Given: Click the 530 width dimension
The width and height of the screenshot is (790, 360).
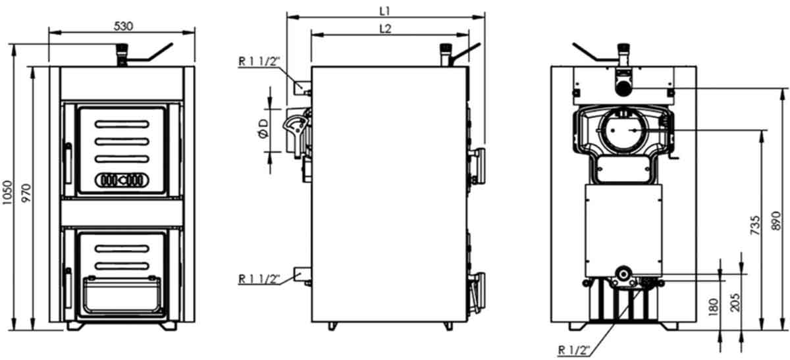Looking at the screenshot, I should point(124,26).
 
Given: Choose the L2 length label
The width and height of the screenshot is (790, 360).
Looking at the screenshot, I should point(386,29).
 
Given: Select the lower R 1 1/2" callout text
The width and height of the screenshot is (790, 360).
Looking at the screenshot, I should point(259,278).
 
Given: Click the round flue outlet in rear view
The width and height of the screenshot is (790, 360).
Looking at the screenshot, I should point(621,131).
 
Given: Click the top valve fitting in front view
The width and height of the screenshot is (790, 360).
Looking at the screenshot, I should point(121,53).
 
